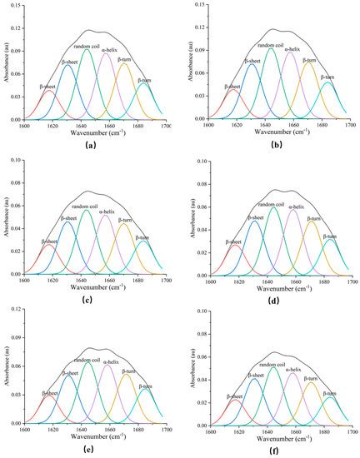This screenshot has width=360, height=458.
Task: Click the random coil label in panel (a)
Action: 87,45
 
